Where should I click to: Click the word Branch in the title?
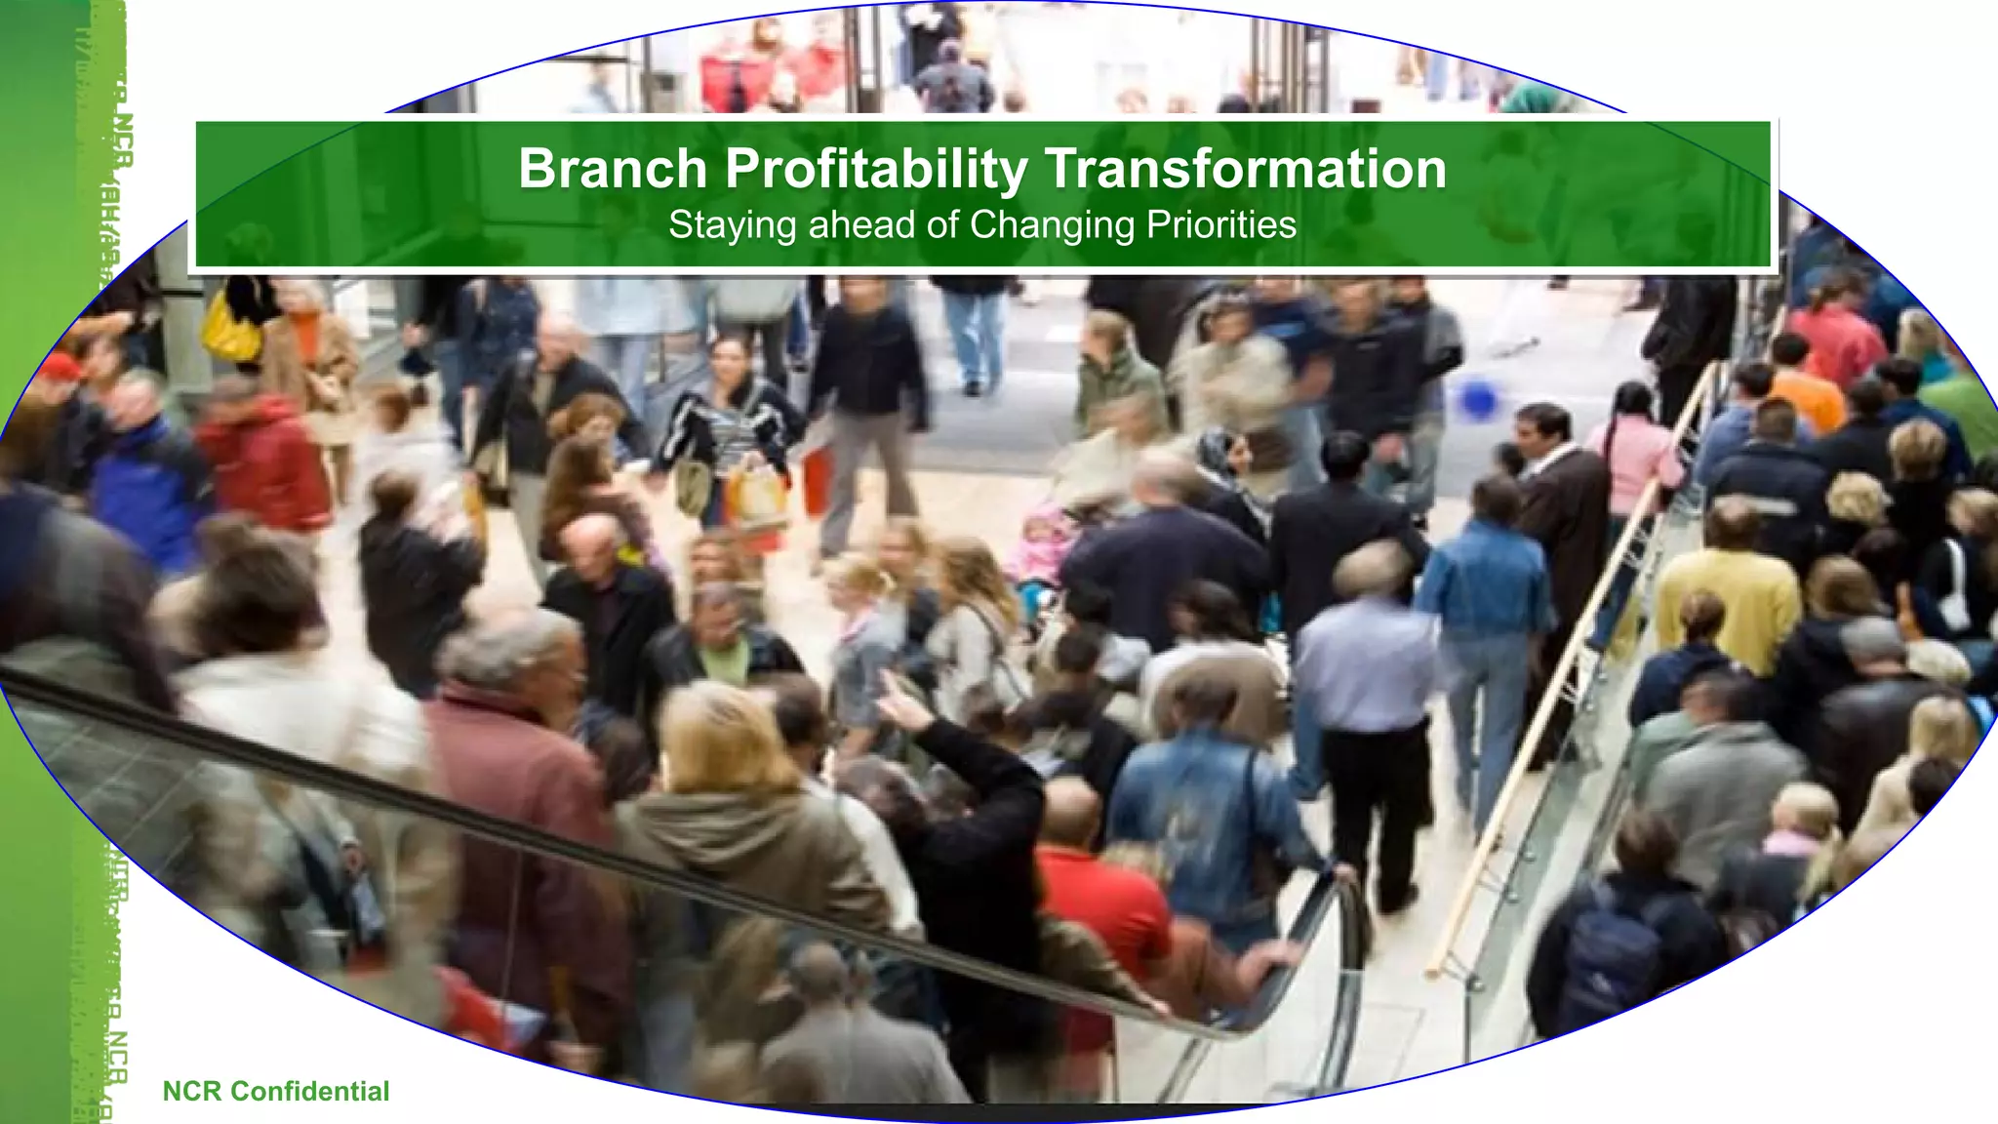[612, 168]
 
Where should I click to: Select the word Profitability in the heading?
[875, 170]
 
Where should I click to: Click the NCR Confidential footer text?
[275, 1091]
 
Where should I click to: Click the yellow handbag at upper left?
[232, 327]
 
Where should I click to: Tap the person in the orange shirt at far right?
[1805, 390]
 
